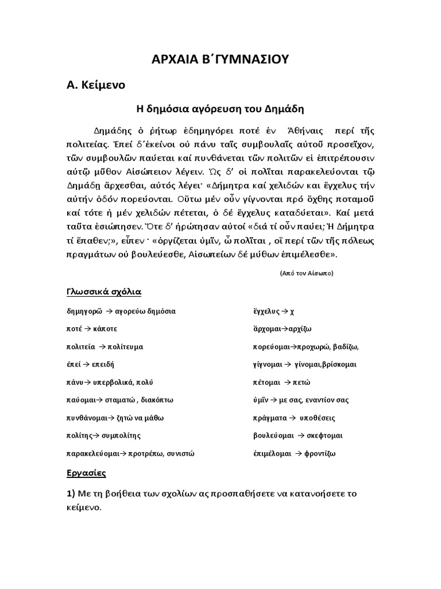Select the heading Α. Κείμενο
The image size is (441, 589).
[x=95, y=85]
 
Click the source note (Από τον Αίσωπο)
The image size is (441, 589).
[x=307, y=273]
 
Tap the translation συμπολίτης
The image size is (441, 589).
[x=122, y=435]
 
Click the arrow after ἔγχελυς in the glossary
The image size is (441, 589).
[x=284, y=311]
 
